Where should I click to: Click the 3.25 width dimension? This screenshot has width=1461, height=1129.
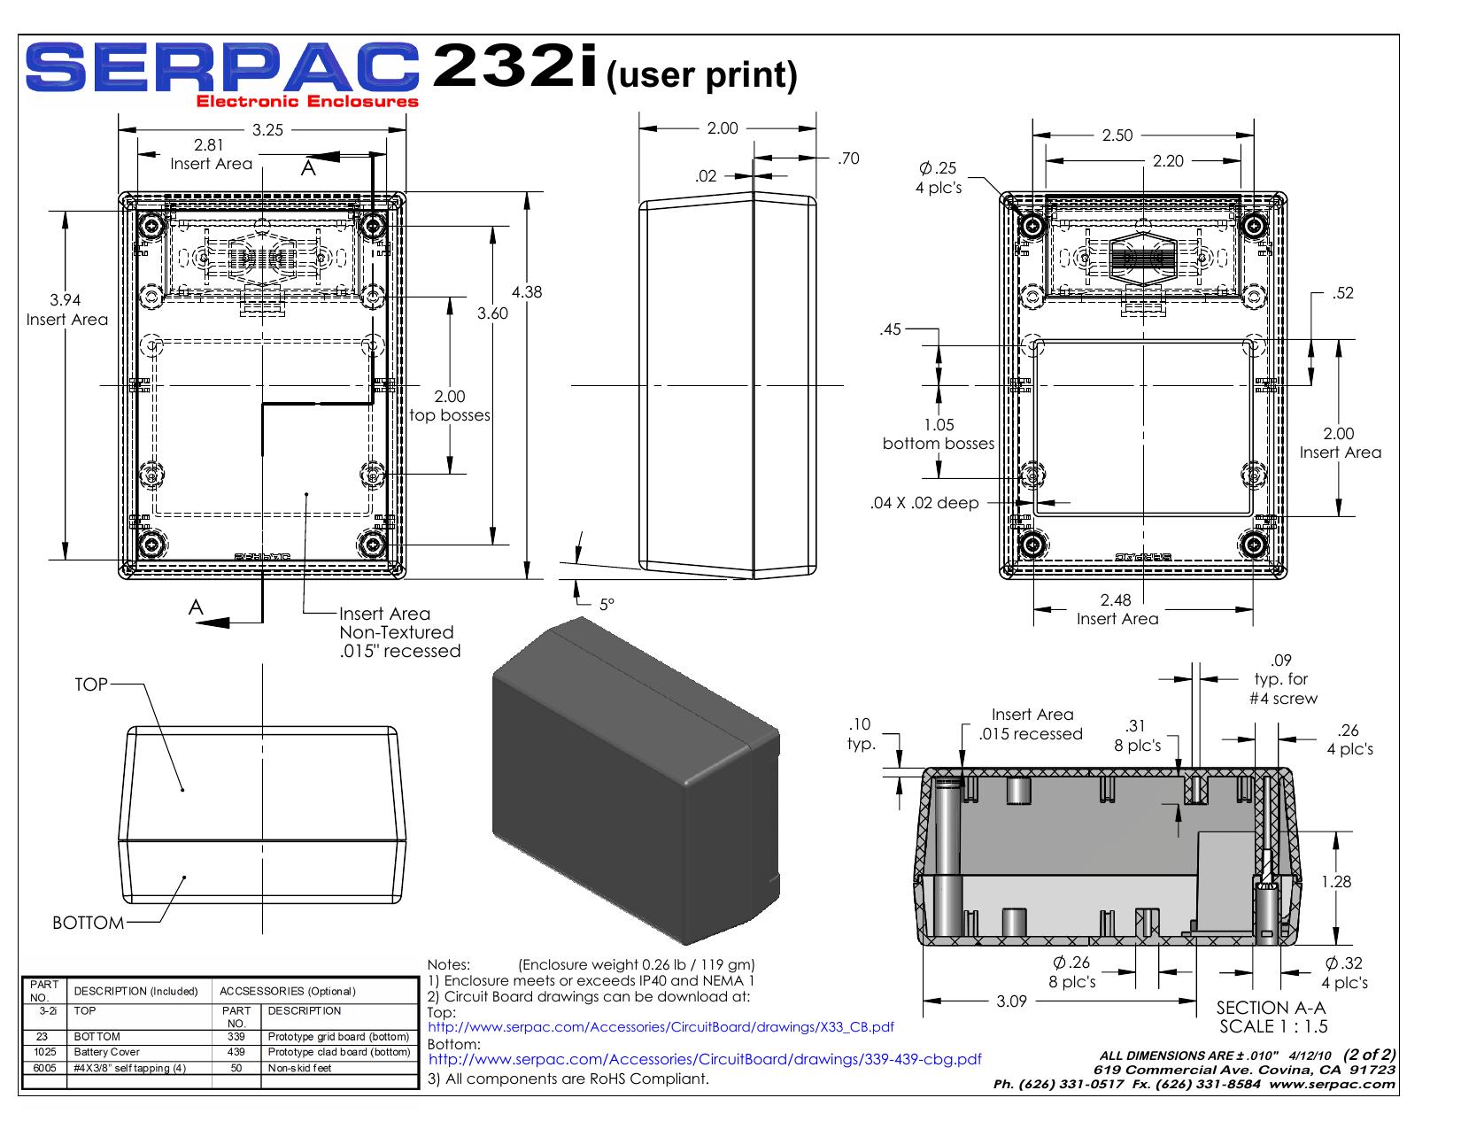click(x=267, y=130)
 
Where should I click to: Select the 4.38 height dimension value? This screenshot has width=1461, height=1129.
click(x=527, y=292)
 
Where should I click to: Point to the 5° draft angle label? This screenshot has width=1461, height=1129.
click(x=607, y=605)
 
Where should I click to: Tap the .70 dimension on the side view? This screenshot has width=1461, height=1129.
click(x=848, y=158)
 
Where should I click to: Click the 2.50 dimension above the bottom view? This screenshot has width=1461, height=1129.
click(x=1117, y=135)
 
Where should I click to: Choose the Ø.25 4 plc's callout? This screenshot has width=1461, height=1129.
click(x=939, y=177)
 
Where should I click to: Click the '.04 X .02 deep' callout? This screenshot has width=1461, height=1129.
click(x=924, y=502)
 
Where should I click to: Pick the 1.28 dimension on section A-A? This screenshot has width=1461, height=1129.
click(x=1336, y=882)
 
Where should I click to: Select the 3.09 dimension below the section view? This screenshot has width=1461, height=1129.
click(x=1012, y=1001)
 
